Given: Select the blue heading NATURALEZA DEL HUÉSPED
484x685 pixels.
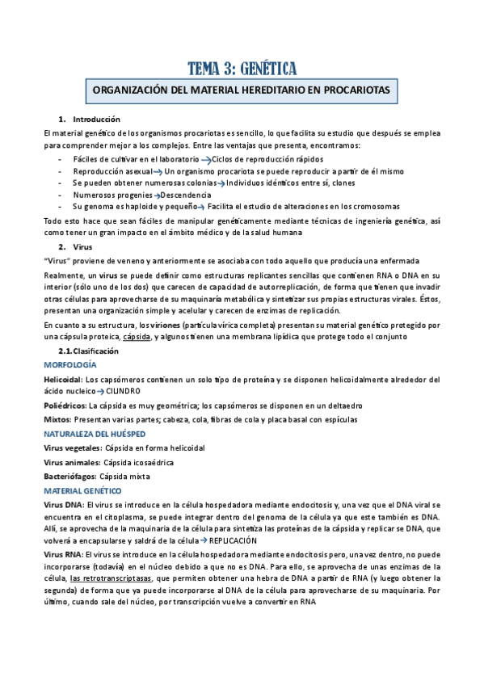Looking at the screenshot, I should tap(93, 434).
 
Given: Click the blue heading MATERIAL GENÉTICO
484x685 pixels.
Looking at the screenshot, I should tap(82, 490).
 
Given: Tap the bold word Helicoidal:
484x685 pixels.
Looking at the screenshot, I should tap(62, 379).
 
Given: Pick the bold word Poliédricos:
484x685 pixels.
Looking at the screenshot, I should tap(65, 406).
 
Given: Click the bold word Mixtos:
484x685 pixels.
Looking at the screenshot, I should tap(57, 419).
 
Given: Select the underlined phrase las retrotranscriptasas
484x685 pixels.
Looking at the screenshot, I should tap(110, 578).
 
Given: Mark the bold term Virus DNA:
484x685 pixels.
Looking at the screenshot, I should tap(65, 505).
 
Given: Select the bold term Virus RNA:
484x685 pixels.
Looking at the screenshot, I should tap(65, 556).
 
